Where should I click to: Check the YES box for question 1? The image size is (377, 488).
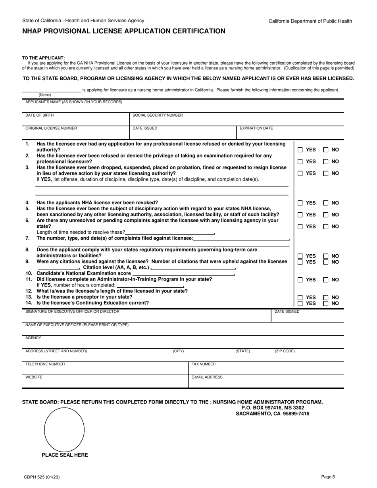tap(300, 150)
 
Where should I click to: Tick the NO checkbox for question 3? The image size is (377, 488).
tap(325, 173)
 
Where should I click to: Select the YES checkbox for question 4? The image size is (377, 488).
tap(300, 203)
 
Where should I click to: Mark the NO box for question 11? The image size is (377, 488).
tap(325, 280)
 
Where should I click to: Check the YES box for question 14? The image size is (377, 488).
tap(300, 304)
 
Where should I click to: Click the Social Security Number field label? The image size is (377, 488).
tap(158, 115)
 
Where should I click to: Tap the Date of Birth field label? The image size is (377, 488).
tap(40, 115)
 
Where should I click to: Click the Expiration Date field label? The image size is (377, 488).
tap(256, 128)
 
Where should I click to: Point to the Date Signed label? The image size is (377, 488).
tap(287, 311)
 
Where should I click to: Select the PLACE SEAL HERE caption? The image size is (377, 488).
tap(65, 455)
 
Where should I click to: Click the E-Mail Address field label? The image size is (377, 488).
tap(207, 377)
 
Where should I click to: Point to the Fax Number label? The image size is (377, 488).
tap(203, 364)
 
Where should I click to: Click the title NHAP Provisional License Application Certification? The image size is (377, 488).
tap(124, 31)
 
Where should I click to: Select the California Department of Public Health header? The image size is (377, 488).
tap(310, 21)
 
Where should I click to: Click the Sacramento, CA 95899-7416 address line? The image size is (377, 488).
tap(273, 413)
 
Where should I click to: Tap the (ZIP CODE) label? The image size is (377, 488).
tap(285, 351)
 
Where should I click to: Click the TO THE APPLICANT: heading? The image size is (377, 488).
tap(43, 58)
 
